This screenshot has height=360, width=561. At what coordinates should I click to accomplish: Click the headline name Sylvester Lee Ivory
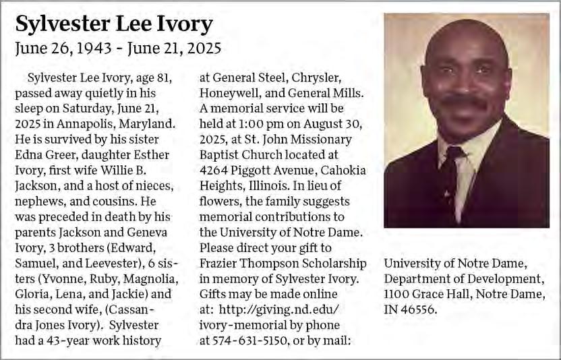click(x=113, y=24)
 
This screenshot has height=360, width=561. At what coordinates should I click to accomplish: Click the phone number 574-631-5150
click(x=244, y=340)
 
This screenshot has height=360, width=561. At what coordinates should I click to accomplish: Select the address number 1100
click(x=397, y=295)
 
